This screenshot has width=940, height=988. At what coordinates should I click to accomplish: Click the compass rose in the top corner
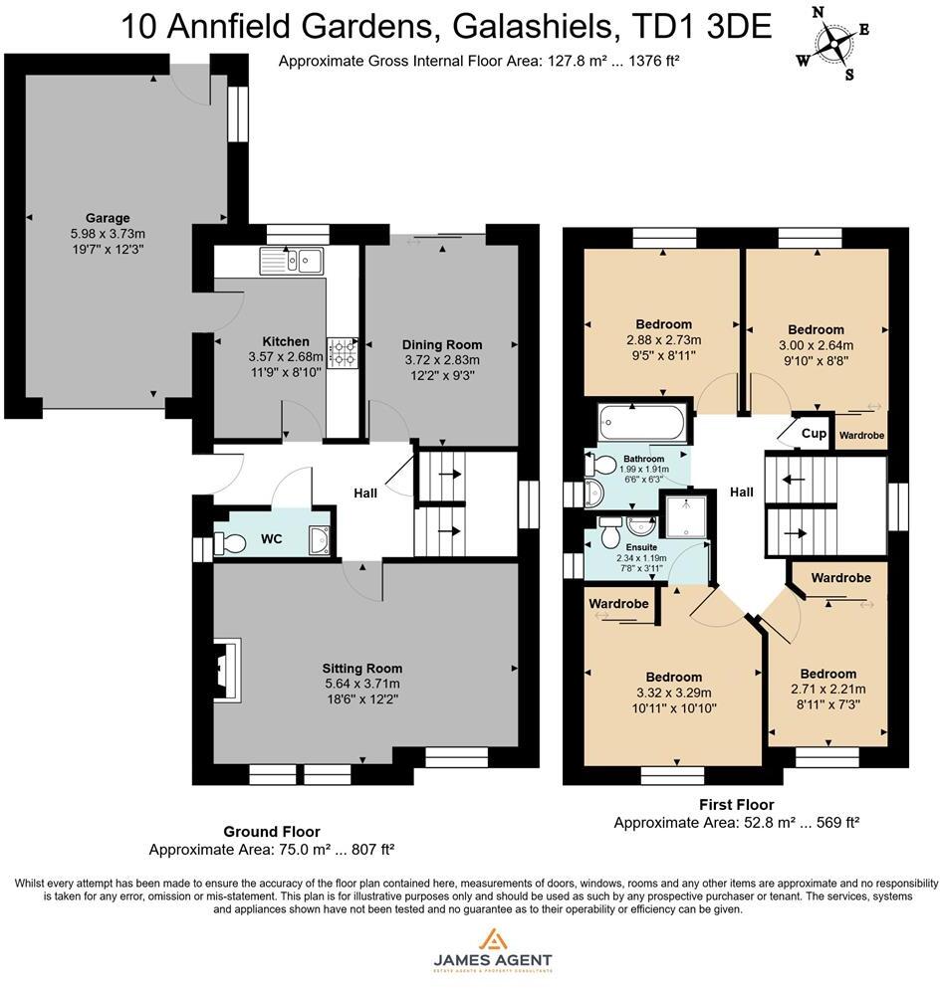point(833,43)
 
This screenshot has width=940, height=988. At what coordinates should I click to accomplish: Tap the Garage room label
point(107,218)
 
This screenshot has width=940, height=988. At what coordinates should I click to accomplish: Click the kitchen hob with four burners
point(344,351)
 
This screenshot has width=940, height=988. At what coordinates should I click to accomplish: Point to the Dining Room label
point(441,344)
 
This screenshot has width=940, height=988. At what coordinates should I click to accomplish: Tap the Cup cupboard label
point(813,434)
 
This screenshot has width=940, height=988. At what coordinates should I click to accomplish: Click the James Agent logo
point(492,949)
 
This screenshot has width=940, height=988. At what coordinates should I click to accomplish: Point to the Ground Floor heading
point(271,832)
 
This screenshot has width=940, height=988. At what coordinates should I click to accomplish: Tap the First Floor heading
point(736,804)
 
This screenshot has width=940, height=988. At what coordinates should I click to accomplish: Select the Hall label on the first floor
point(742,492)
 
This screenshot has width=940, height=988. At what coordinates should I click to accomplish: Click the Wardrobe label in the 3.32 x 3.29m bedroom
point(619,604)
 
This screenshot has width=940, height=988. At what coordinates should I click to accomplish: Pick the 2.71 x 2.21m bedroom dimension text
point(827,689)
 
